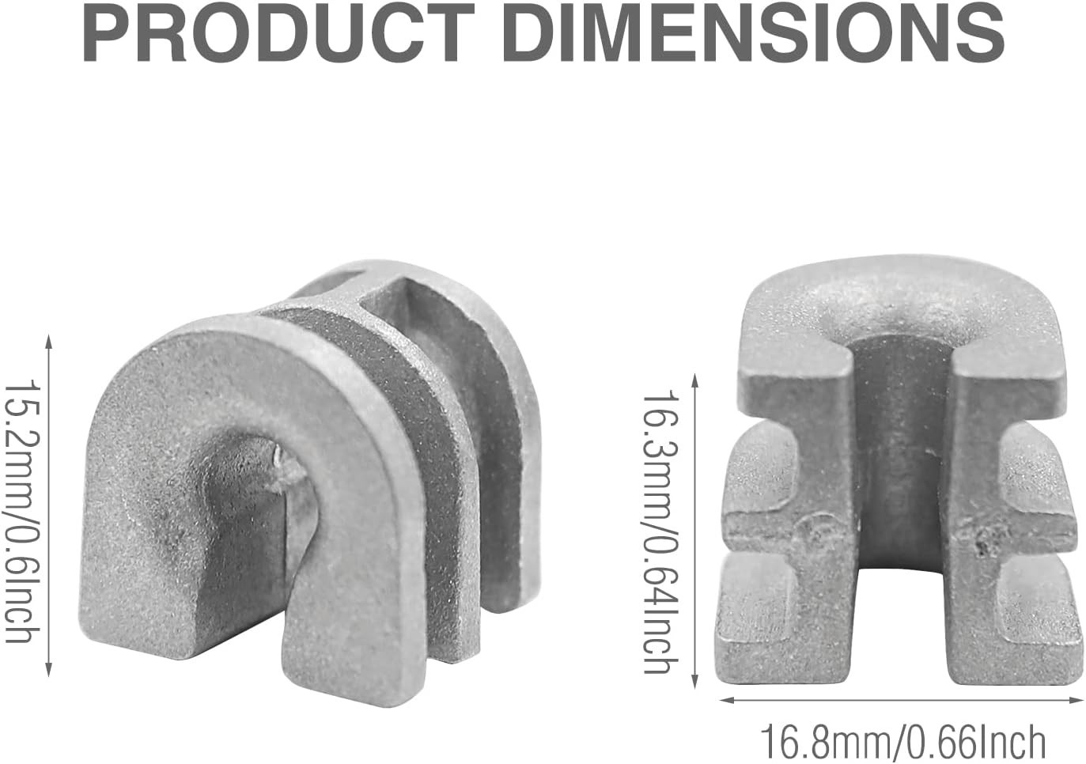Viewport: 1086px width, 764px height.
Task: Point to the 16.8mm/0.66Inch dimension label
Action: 902,742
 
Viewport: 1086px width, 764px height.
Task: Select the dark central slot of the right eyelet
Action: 902,443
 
